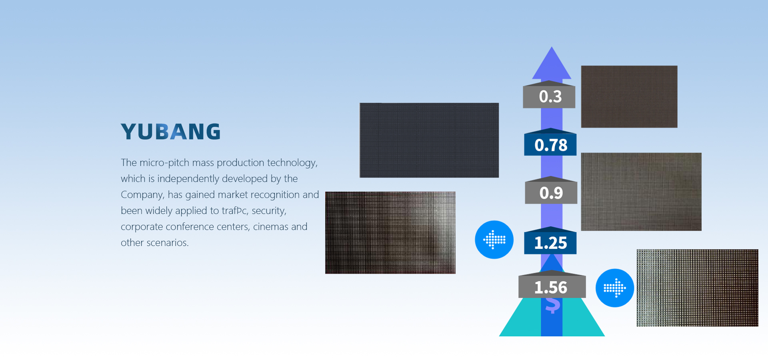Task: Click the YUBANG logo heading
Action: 171,132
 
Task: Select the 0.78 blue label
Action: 550,144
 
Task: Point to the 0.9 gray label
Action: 551,193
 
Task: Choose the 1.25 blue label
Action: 550,242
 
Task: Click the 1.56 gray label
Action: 552,287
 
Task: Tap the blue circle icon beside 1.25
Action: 494,240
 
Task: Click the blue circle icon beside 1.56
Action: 615,288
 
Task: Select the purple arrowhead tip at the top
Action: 552,47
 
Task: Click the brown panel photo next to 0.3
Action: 629,97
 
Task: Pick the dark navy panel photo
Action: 429,140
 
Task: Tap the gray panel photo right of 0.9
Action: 641,192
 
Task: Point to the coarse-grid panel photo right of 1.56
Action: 698,288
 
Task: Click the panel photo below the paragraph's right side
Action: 390,233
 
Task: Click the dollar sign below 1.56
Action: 552,306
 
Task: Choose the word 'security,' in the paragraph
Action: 269,211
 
